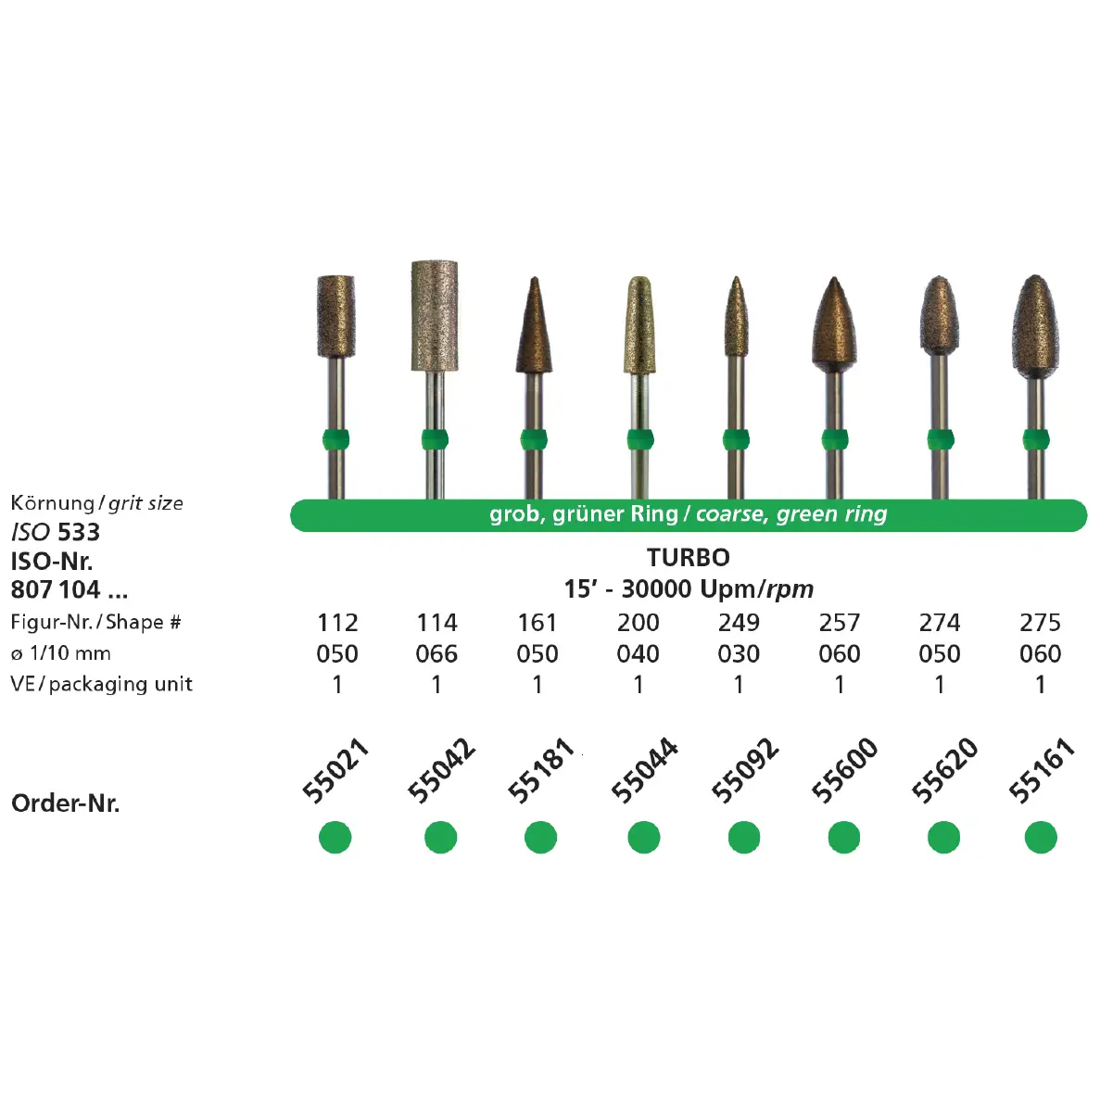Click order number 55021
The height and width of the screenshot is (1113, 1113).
click(335, 770)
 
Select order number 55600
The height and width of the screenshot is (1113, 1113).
click(844, 770)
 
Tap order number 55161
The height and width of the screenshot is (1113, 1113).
click(1042, 770)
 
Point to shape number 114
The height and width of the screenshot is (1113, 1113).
click(436, 623)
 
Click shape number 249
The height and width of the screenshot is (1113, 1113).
click(739, 623)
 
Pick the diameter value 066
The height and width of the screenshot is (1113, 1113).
click(436, 654)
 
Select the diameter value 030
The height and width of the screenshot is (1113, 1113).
click(739, 654)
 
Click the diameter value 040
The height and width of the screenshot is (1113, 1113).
click(638, 654)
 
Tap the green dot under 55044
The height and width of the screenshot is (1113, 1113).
click(644, 837)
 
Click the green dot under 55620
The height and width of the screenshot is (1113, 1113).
click(943, 837)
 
